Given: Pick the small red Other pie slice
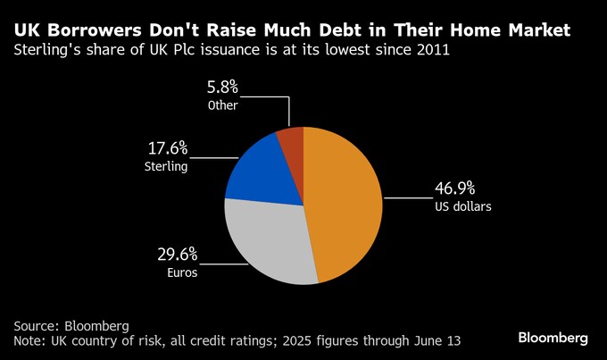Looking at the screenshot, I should click(x=292, y=143).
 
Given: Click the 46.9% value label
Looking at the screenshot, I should click(x=454, y=188).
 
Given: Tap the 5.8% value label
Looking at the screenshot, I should click(x=222, y=88).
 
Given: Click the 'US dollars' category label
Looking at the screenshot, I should click(x=463, y=206).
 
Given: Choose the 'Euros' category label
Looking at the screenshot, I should click(x=180, y=273).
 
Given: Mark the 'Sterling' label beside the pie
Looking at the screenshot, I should click(x=165, y=166).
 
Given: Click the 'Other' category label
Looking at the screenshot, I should click(x=223, y=105).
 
